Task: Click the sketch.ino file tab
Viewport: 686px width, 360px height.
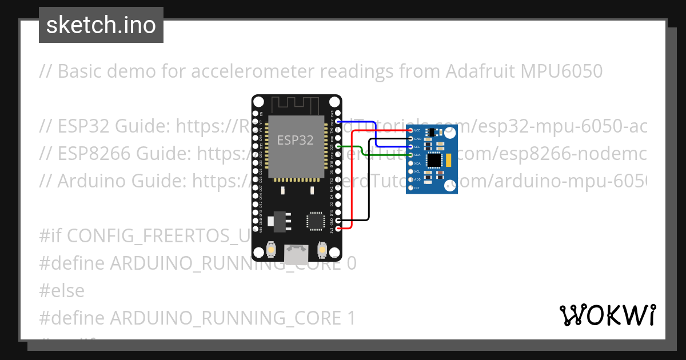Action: (101, 25)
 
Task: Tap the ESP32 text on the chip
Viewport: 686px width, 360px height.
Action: (295, 139)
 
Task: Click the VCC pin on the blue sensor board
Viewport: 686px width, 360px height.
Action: (410, 131)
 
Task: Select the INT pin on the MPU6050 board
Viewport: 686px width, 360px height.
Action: (410, 188)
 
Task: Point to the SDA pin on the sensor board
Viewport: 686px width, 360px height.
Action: (410, 155)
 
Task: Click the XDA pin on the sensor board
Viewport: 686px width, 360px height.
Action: (410, 163)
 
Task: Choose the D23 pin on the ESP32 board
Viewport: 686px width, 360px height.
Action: (338, 114)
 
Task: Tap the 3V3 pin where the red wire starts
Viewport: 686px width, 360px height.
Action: (338, 229)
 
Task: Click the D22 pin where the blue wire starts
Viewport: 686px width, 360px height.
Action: (338, 122)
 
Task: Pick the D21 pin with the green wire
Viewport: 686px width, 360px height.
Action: (338, 147)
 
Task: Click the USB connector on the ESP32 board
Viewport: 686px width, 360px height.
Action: (296, 254)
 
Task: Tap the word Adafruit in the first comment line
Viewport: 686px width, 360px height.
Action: (480, 71)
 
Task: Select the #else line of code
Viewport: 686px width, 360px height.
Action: (62, 290)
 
